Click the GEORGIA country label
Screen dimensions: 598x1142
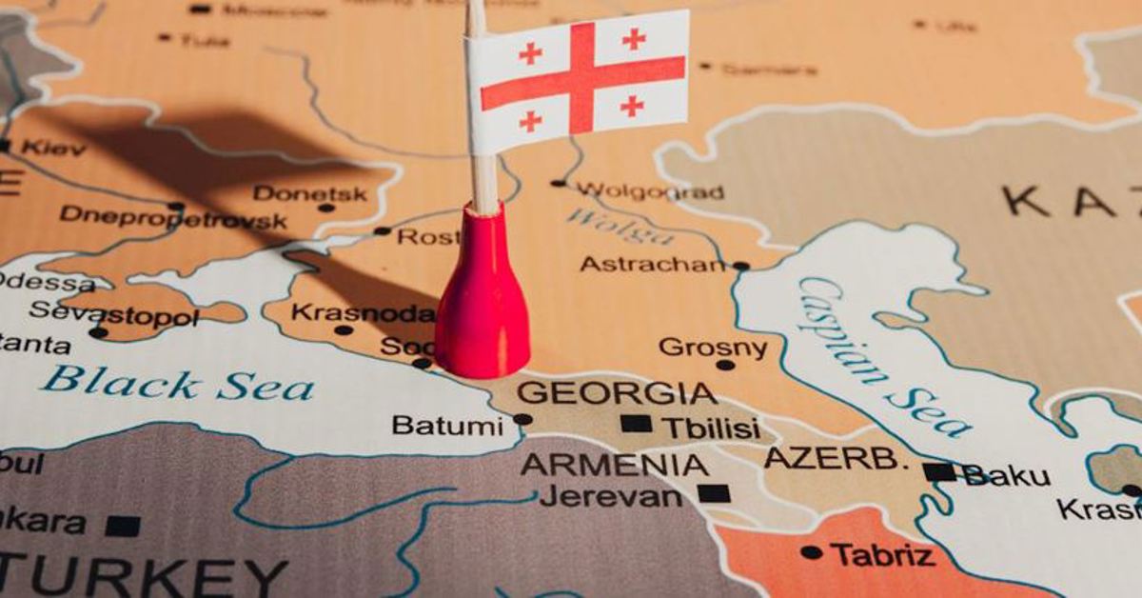tap(617, 392)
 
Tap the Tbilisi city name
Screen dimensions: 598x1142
tap(711, 428)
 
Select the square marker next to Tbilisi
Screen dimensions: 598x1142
tap(636, 424)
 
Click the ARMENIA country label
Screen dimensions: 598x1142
tap(614, 465)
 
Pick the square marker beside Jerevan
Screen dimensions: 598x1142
tap(714, 493)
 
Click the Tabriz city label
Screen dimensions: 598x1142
tap(882, 554)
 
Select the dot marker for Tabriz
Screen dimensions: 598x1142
tap(811, 552)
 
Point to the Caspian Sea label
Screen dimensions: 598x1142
tap(885, 357)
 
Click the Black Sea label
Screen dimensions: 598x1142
tap(177, 384)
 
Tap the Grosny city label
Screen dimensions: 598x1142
tap(713, 348)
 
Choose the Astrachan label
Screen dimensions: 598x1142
tap(653, 264)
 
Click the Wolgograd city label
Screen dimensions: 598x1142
tap(650, 191)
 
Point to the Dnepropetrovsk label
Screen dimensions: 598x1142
tap(173, 218)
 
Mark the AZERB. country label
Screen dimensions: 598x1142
tap(837, 458)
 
